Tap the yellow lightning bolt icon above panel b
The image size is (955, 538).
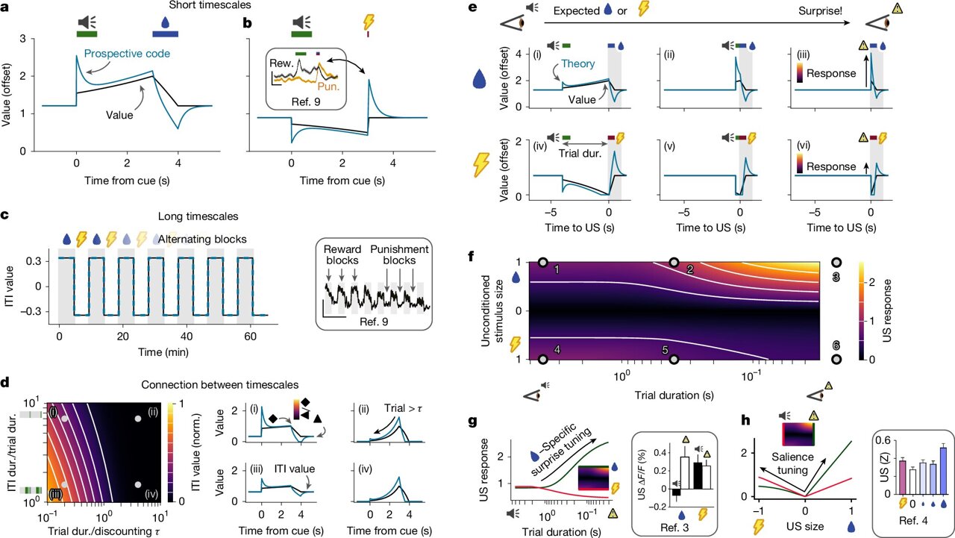pyautogui.click(x=368, y=21)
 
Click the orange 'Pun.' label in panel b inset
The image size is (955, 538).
pyautogui.click(x=331, y=87)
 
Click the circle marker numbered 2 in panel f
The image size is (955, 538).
pyautogui.click(x=674, y=263)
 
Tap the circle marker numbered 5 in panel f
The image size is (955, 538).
pyautogui.click(x=674, y=360)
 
